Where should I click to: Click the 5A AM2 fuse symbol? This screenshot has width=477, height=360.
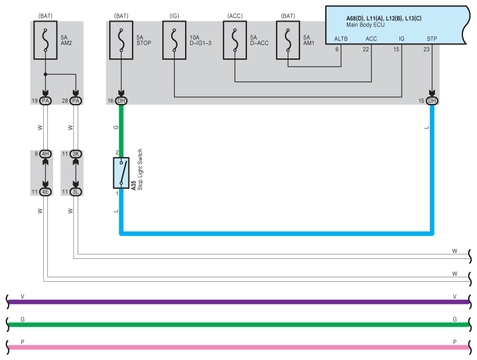[x=46, y=40]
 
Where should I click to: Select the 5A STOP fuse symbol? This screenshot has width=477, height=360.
[x=121, y=40]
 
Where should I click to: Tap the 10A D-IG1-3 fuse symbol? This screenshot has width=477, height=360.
[x=175, y=40]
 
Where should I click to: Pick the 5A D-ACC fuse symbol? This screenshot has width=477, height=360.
[x=235, y=40]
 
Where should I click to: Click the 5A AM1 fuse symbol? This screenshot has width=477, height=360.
[x=288, y=40]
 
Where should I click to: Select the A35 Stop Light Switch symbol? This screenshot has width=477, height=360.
[x=121, y=172]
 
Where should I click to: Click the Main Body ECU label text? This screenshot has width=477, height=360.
[x=365, y=25]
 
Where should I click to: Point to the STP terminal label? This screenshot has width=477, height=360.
[x=431, y=39]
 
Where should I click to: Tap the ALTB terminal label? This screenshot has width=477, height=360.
[x=341, y=39]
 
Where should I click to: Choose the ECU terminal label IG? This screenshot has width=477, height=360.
[x=402, y=39]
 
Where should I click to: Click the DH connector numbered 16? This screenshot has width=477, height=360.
[x=121, y=101]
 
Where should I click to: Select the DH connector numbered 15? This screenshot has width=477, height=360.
[x=431, y=101]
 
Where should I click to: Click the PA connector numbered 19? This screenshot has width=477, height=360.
[x=46, y=101]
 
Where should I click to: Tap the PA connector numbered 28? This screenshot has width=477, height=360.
[x=76, y=101]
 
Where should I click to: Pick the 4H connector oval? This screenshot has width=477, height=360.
[x=46, y=154]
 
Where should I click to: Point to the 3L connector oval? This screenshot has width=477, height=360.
[x=76, y=192]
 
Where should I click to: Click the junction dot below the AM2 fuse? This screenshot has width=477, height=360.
[x=46, y=74]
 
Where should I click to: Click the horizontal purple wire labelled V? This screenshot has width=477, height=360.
[x=238, y=302]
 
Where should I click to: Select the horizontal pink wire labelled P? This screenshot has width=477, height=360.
[x=238, y=347]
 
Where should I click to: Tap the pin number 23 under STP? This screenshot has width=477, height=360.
[x=427, y=49]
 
